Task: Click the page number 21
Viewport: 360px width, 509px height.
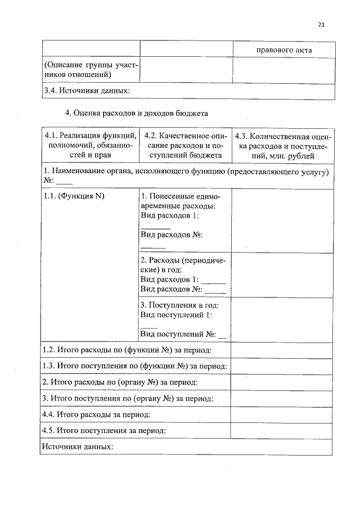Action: click(321, 24)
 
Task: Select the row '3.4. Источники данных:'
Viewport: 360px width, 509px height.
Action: click(87, 91)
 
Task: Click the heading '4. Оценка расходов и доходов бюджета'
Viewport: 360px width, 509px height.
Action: click(137, 113)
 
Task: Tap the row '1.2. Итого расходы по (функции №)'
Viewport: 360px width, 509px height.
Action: click(128, 350)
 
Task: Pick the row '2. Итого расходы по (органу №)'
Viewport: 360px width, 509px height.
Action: click(120, 382)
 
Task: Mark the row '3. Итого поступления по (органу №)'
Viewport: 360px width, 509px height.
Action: click(128, 398)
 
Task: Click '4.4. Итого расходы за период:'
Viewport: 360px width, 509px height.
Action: click(97, 415)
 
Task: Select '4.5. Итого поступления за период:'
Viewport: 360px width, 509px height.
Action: click(104, 431)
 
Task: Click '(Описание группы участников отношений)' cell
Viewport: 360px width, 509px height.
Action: click(91, 70)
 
